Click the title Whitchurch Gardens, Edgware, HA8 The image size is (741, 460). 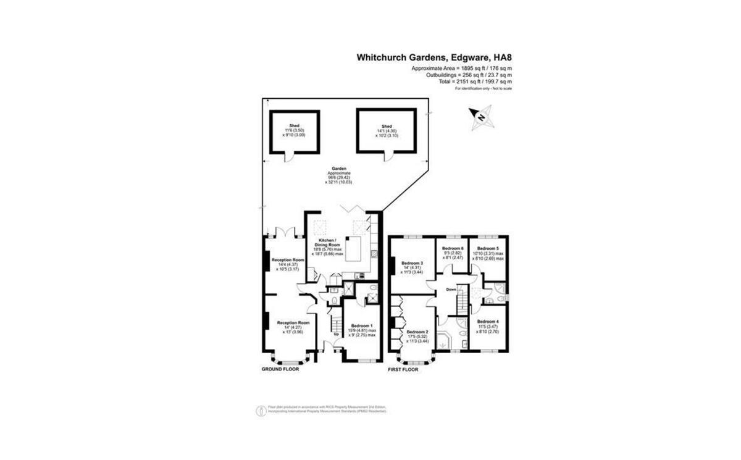point(434,57)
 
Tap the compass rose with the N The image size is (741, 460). point(480,116)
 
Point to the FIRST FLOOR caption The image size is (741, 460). point(403,370)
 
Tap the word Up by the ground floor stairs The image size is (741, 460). point(337,335)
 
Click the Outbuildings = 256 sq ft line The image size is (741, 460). point(469,74)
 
